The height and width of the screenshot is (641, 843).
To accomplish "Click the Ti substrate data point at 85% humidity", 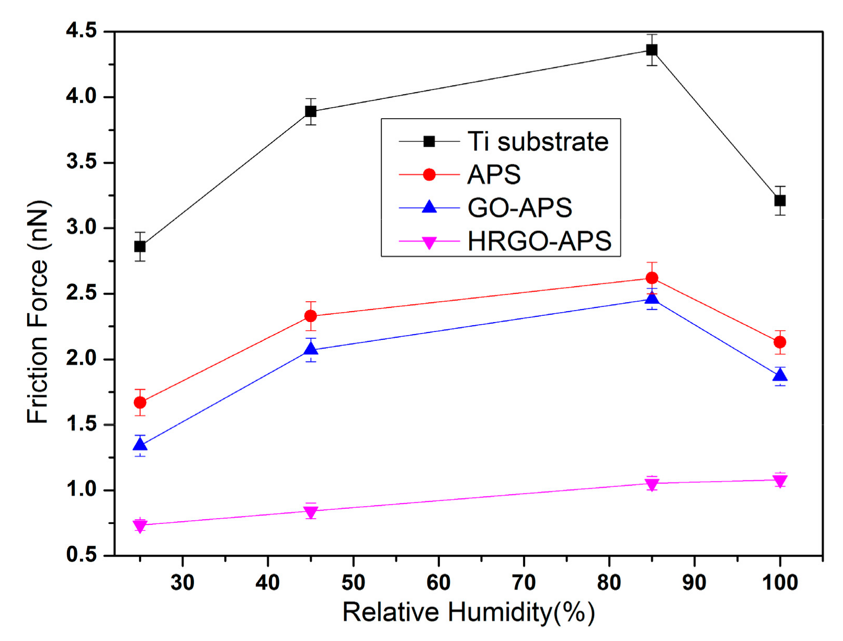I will coord(652,50).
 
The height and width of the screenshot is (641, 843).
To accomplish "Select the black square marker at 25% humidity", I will coord(140,246).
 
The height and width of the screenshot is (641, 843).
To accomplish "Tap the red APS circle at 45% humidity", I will coord(311,316).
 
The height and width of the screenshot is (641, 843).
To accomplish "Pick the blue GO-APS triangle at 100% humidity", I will coord(780,375).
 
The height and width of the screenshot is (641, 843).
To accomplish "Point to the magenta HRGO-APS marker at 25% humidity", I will coord(140,525).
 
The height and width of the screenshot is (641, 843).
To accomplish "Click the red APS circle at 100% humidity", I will coord(780,342).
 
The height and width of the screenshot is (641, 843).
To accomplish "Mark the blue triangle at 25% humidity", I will coord(140,445).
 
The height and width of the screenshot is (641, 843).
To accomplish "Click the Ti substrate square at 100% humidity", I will coord(780,200).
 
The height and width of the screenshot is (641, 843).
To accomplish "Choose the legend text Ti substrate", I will coord(538,142).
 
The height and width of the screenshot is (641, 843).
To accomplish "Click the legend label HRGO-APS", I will coord(539,242).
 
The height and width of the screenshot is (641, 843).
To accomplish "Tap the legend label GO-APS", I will coord(520,208).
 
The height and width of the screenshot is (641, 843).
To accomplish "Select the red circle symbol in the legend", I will coord(429,175).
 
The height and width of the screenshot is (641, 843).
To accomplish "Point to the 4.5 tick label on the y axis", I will coord(82,31).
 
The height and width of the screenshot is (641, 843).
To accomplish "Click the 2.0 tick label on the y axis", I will coord(82,359).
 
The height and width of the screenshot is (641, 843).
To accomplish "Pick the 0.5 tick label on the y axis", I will coord(82,555).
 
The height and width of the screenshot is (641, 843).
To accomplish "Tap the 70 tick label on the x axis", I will coord(523,582).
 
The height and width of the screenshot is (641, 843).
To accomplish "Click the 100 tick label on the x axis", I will coord(780,582).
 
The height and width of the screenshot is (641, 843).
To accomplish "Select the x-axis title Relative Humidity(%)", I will coord(469,612).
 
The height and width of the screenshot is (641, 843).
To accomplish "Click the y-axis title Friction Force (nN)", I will coord(38,312).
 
